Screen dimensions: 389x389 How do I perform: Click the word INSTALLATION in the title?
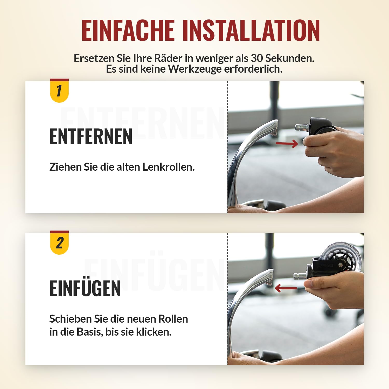(251, 30)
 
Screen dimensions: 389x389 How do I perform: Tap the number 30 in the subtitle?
(257, 58)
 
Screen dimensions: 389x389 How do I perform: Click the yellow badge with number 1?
(59, 91)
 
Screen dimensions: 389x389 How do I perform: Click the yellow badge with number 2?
(59, 242)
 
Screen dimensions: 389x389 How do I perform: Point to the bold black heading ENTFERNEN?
(91, 136)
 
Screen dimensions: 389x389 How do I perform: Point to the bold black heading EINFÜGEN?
(85, 288)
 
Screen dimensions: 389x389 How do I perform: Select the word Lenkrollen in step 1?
(169, 167)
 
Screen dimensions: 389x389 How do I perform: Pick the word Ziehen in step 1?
(65, 167)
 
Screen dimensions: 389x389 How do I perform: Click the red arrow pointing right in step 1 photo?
(287, 143)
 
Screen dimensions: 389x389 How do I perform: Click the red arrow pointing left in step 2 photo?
(286, 288)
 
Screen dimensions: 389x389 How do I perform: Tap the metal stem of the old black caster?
(301, 127)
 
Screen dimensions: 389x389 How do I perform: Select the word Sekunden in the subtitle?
(290, 58)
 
